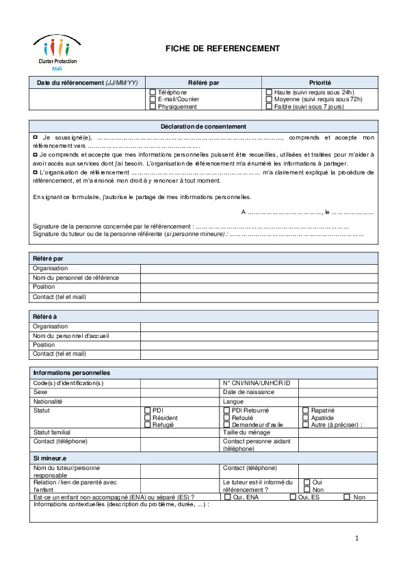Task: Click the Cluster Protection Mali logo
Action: [x=57, y=53]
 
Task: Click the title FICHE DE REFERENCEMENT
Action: [x=222, y=49]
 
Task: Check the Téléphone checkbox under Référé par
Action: [x=153, y=92]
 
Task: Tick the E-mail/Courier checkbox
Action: [x=153, y=99]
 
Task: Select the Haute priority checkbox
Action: [x=269, y=92]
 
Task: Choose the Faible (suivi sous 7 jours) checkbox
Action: [x=269, y=107]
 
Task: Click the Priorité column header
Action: [x=319, y=83]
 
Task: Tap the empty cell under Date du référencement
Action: [x=87, y=99]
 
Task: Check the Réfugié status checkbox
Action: [x=148, y=425]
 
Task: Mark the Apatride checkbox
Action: [x=306, y=418]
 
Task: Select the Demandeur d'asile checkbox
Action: [x=227, y=425]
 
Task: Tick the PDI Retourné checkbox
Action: [x=227, y=410]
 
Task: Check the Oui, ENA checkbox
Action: [x=228, y=497]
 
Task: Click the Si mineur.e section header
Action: [x=50, y=458]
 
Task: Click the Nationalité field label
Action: [x=48, y=402]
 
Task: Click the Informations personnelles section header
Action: [x=72, y=372]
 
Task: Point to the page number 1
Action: [x=357, y=539]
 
